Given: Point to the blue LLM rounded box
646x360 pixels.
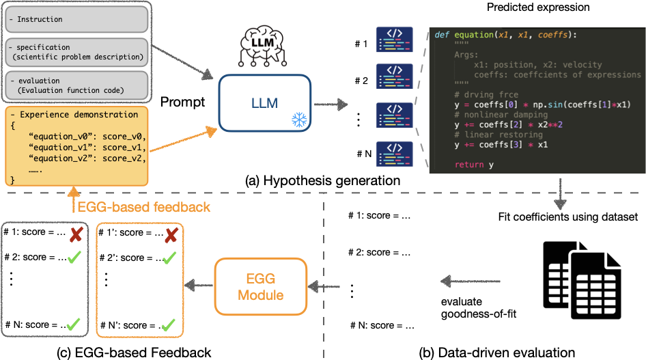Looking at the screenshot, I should (265, 102).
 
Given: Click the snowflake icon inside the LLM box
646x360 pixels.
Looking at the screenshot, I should (298, 120).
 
